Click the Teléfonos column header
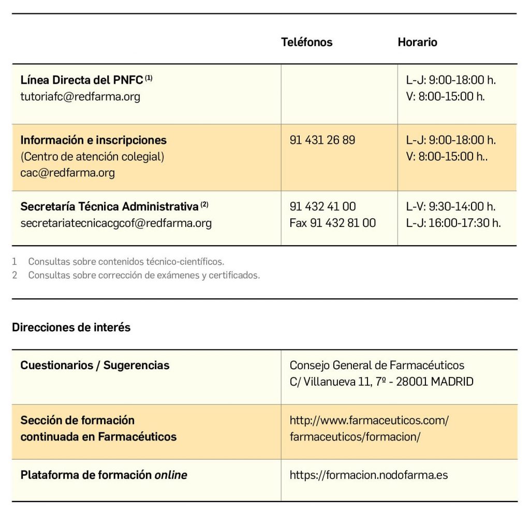(306, 42)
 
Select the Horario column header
(417, 42)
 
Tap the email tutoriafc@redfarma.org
(80, 97)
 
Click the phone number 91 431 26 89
(322, 140)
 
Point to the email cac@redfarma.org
(67, 173)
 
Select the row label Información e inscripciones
(93, 140)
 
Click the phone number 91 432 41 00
(322, 206)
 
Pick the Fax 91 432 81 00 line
(333, 223)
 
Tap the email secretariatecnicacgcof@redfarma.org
(116, 223)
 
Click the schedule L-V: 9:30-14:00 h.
(451, 206)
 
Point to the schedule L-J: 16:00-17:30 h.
(453, 223)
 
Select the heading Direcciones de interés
(71, 327)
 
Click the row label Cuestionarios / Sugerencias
(95, 366)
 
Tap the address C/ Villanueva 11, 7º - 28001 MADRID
(381, 382)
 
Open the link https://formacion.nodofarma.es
(369, 475)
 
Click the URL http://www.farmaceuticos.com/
(369, 420)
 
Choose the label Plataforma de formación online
(104, 475)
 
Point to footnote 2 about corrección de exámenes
(143, 275)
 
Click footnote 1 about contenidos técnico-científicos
(126, 262)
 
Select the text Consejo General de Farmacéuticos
(377, 366)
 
